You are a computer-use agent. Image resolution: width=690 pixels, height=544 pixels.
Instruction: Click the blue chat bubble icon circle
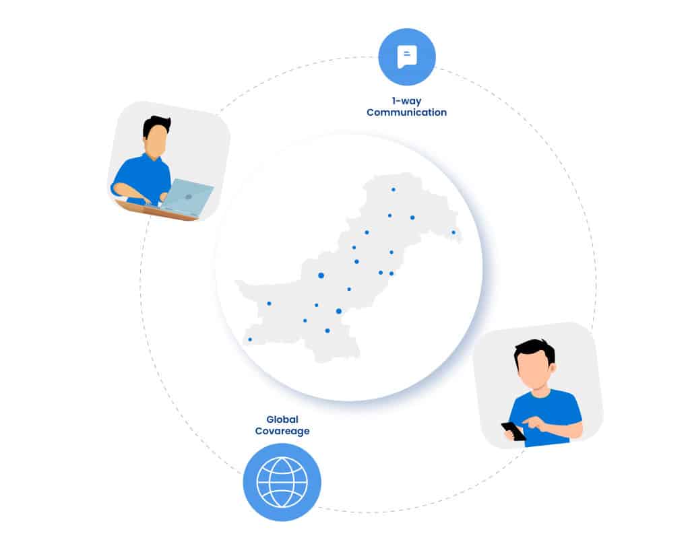point(406,57)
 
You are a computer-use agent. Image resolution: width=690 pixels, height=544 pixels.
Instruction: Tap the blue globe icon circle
point(282,481)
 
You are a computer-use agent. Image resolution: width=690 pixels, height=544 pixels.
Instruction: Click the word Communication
point(406,112)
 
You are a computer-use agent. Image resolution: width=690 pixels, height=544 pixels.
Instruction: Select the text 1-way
point(406,100)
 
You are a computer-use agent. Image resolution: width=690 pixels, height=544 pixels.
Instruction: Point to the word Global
point(282,419)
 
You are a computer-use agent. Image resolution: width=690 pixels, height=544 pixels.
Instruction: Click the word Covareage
point(282,431)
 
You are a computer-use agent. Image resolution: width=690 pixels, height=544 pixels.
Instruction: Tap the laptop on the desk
point(187,197)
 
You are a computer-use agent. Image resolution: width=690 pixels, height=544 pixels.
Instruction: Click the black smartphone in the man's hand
point(513,431)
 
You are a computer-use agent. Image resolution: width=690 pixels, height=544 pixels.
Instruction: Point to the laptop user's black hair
point(157,123)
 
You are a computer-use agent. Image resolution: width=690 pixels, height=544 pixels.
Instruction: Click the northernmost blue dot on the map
point(394,189)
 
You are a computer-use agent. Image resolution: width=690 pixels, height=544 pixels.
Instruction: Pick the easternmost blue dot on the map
point(453,232)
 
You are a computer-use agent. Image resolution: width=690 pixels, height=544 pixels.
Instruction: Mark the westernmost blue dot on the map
point(250,339)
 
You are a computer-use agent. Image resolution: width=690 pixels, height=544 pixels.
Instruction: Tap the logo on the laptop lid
point(189,197)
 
